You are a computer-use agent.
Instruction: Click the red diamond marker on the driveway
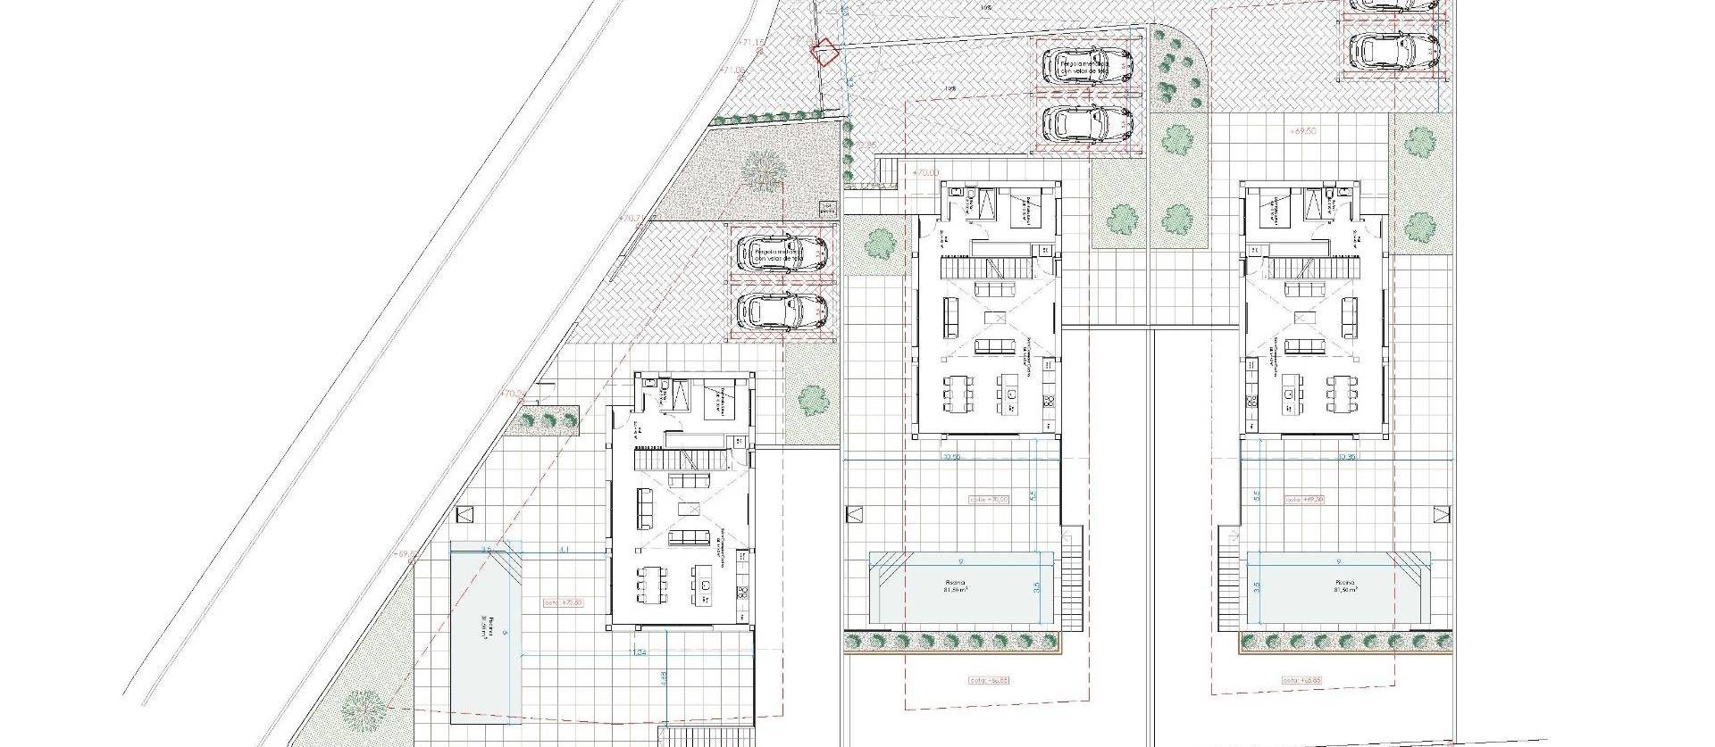click(x=824, y=52)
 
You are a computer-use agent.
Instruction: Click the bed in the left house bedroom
click(x=715, y=401)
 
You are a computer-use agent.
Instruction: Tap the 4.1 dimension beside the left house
click(x=562, y=551)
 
